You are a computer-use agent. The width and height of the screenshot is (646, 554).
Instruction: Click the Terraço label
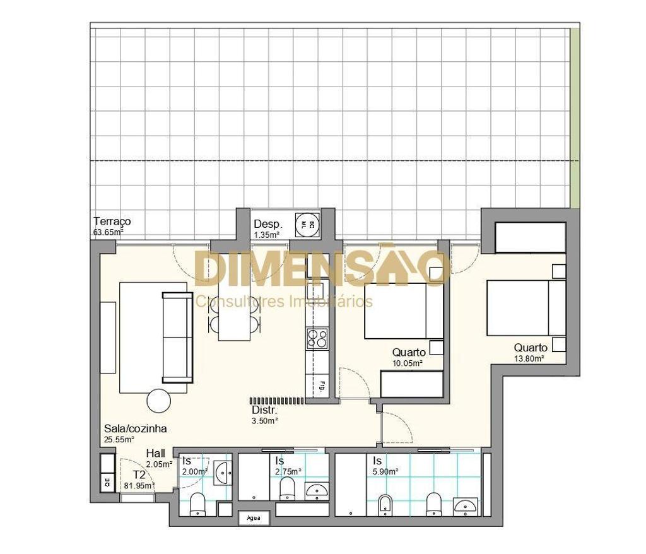(x=112, y=221)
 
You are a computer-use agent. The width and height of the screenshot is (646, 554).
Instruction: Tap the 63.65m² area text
(x=107, y=232)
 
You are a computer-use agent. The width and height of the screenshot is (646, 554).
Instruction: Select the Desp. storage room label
(x=267, y=225)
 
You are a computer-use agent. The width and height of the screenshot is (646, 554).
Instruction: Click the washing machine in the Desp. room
(x=307, y=223)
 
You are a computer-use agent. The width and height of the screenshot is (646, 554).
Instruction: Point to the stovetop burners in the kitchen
(x=317, y=339)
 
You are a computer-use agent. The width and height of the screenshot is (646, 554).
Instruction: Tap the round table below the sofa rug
(x=159, y=400)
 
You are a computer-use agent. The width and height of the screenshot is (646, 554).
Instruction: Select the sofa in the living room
(x=177, y=337)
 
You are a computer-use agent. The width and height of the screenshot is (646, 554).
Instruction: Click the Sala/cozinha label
(x=135, y=428)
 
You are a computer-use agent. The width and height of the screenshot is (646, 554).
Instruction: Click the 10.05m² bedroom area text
(x=408, y=363)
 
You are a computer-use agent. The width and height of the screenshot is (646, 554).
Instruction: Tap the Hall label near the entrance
(x=156, y=453)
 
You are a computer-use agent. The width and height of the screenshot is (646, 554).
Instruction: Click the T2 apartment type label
(x=139, y=474)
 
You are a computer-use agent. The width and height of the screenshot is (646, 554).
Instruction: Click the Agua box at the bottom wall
(x=254, y=519)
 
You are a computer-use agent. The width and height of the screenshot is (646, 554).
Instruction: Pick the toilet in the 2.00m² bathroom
(x=197, y=504)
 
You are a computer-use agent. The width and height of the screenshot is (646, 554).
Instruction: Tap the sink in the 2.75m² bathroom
(x=317, y=490)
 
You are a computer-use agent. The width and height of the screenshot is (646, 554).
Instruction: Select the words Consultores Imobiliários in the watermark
(x=284, y=301)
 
